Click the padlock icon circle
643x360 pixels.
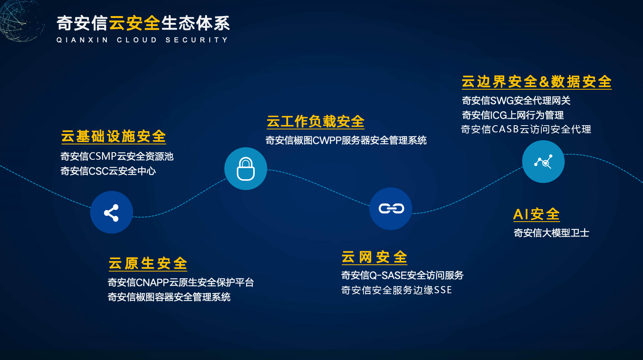246,169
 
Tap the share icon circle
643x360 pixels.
112,212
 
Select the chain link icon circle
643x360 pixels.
391,208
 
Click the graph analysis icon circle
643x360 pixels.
543,162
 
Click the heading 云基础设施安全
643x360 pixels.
113,136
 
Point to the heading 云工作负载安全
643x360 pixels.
315,121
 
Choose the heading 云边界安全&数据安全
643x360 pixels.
536,81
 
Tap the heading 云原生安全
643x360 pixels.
148,263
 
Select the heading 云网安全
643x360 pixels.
374,257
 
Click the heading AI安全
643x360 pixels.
536,214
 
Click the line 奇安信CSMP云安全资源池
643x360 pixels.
117,156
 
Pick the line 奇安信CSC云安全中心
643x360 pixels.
108,171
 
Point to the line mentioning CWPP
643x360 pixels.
346,140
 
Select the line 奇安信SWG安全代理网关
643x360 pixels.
516,100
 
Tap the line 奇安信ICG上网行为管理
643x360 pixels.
513,115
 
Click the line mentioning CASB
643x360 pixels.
526,129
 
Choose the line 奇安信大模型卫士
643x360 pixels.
551,232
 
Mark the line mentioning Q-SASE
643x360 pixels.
403,275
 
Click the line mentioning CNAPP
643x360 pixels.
180,282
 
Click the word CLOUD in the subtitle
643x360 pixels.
137,40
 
